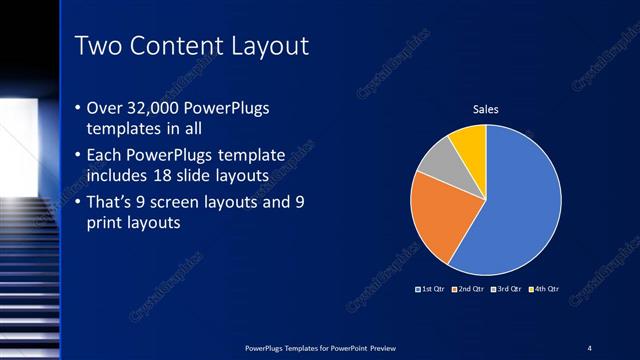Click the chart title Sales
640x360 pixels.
(x=486, y=110)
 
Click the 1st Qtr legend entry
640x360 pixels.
(x=431, y=289)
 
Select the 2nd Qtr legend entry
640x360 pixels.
(x=468, y=289)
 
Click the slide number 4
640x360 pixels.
(x=589, y=347)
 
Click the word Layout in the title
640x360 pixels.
(x=264, y=46)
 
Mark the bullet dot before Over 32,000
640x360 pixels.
(x=80, y=108)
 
